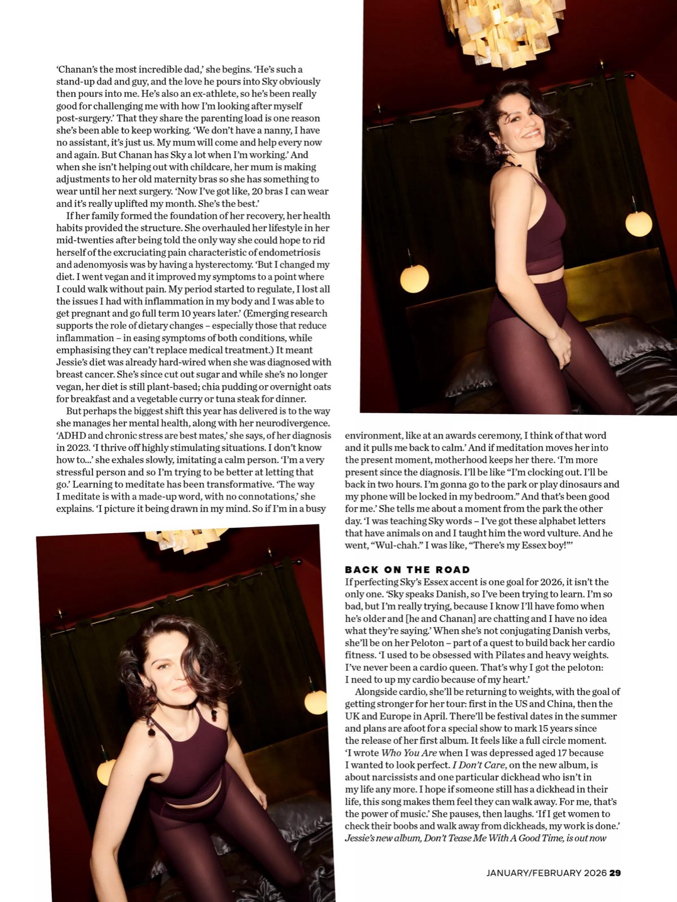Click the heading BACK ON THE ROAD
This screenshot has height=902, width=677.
click(407, 569)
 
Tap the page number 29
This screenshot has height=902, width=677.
click(615, 873)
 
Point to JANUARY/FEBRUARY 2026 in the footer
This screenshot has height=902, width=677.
click(546, 873)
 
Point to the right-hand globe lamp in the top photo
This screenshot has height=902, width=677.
click(638, 224)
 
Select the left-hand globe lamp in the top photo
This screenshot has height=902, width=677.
click(414, 278)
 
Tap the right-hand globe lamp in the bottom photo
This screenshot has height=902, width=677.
click(315, 702)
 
